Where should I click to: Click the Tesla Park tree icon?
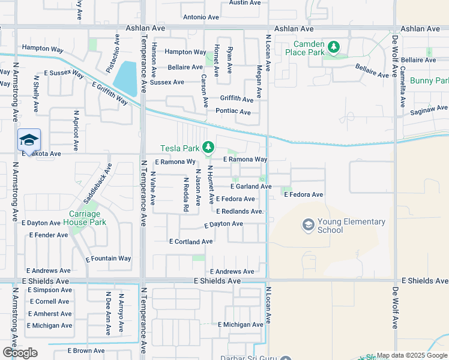pyautogui.click(x=208, y=147)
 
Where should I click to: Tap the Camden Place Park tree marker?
pyautogui.click(x=334, y=47)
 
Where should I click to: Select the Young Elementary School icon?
pyautogui.click(x=309, y=225)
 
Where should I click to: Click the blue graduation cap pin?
pyautogui.click(x=29, y=140)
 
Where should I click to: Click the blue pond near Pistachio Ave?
pyautogui.click(x=125, y=77)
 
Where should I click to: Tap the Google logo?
pyautogui.click(x=20, y=353)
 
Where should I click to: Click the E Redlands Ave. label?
pyautogui.click(x=240, y=212)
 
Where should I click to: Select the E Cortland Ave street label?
pyautogui.click(x=191, y=242)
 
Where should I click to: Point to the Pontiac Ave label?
pyautogui.click(x=233, y=112)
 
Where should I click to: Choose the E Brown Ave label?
pyautogui.click(x=86, y=350)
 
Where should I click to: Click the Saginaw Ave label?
pyautogui.click(x=429, y=109)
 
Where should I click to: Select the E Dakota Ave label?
pyautogui.click(x=41, y=154)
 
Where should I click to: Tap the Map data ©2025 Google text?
pyautogui.click(x=412, y=355)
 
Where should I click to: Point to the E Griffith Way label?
pyautogui.click(x=110, y=94)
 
